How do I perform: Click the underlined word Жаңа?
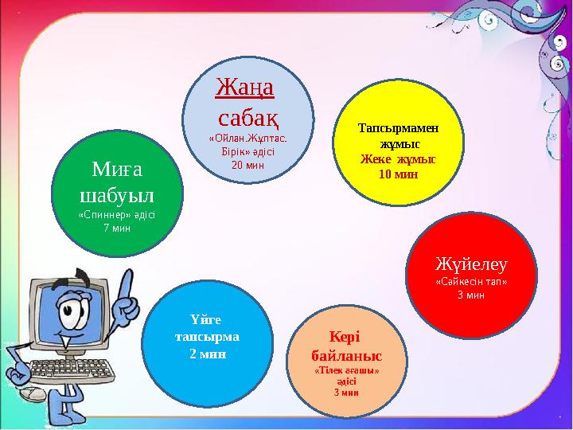[x=245, y=85]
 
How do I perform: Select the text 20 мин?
[x=248, y=165]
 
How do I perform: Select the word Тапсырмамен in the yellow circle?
[x=398, y=127]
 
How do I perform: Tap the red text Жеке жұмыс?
[x=398, y=158]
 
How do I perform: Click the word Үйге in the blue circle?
[x=208, y=320]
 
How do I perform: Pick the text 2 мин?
[x=208, y=353]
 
